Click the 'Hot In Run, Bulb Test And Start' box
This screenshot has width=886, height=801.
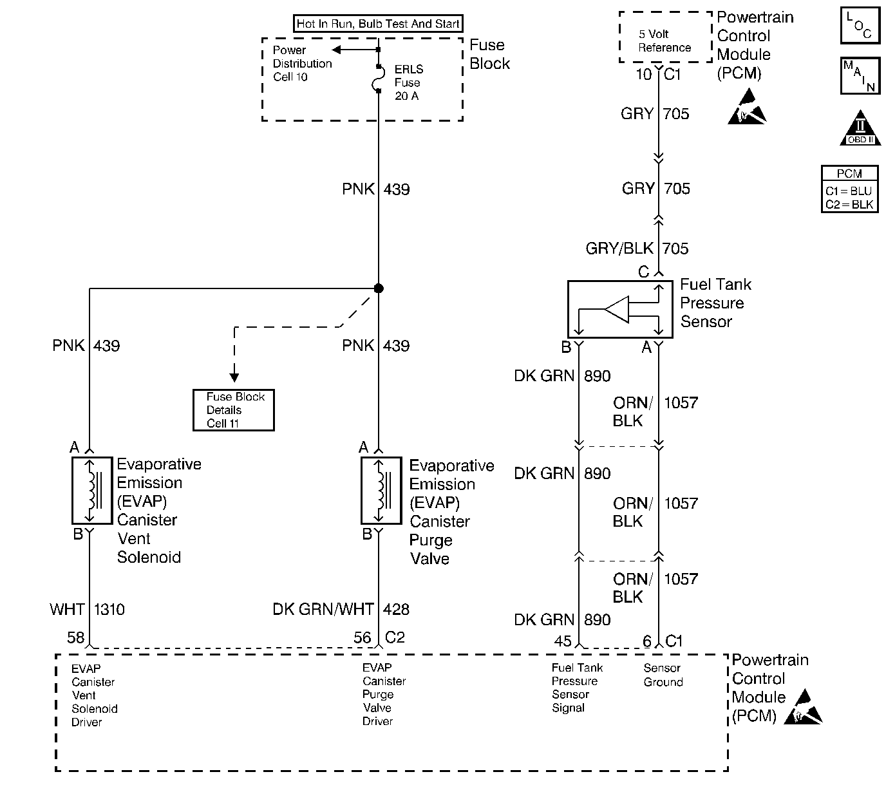coord(378,24)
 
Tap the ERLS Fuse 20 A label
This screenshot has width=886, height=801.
coord(408,82)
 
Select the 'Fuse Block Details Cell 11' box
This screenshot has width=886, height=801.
coord(234,410)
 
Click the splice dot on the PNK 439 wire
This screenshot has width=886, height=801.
coord(379,288)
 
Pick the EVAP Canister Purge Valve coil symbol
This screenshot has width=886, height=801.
coord(381,491)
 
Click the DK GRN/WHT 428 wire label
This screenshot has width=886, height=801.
coord(341,609)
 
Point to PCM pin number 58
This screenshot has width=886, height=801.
coord(75,637)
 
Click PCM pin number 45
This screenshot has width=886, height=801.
coord(562,641)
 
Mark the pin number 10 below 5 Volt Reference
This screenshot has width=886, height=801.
coord(643,75)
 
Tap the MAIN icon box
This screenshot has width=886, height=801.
coord(860,76)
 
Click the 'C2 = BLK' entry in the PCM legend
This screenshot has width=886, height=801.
coord(849,205)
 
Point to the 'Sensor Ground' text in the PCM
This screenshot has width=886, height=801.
coord(663,675)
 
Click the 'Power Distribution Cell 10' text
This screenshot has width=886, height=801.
coord(301,64)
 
